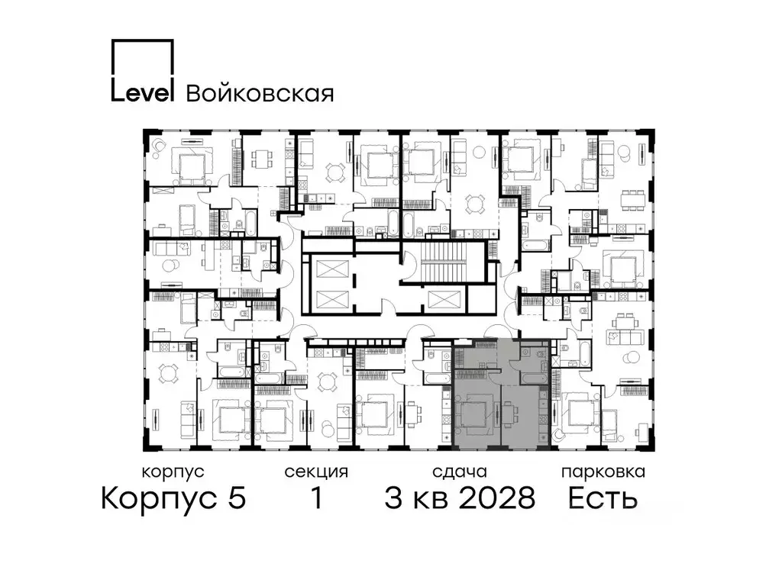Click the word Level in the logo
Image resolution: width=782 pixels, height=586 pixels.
point(144,92)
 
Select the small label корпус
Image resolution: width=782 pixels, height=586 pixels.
point(173,472)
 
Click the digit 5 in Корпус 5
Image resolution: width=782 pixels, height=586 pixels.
point(236,499)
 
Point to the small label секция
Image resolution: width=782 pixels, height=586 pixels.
point(315,472)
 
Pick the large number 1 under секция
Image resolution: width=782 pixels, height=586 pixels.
point(315,499)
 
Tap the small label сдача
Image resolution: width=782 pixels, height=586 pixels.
point(458,472)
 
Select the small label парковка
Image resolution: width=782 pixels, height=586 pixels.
point(603,472)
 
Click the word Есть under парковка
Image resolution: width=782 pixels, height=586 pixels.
point(603,499)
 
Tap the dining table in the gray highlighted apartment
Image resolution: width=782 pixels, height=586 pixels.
point(510,416)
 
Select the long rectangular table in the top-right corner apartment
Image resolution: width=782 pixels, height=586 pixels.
point(630,201)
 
